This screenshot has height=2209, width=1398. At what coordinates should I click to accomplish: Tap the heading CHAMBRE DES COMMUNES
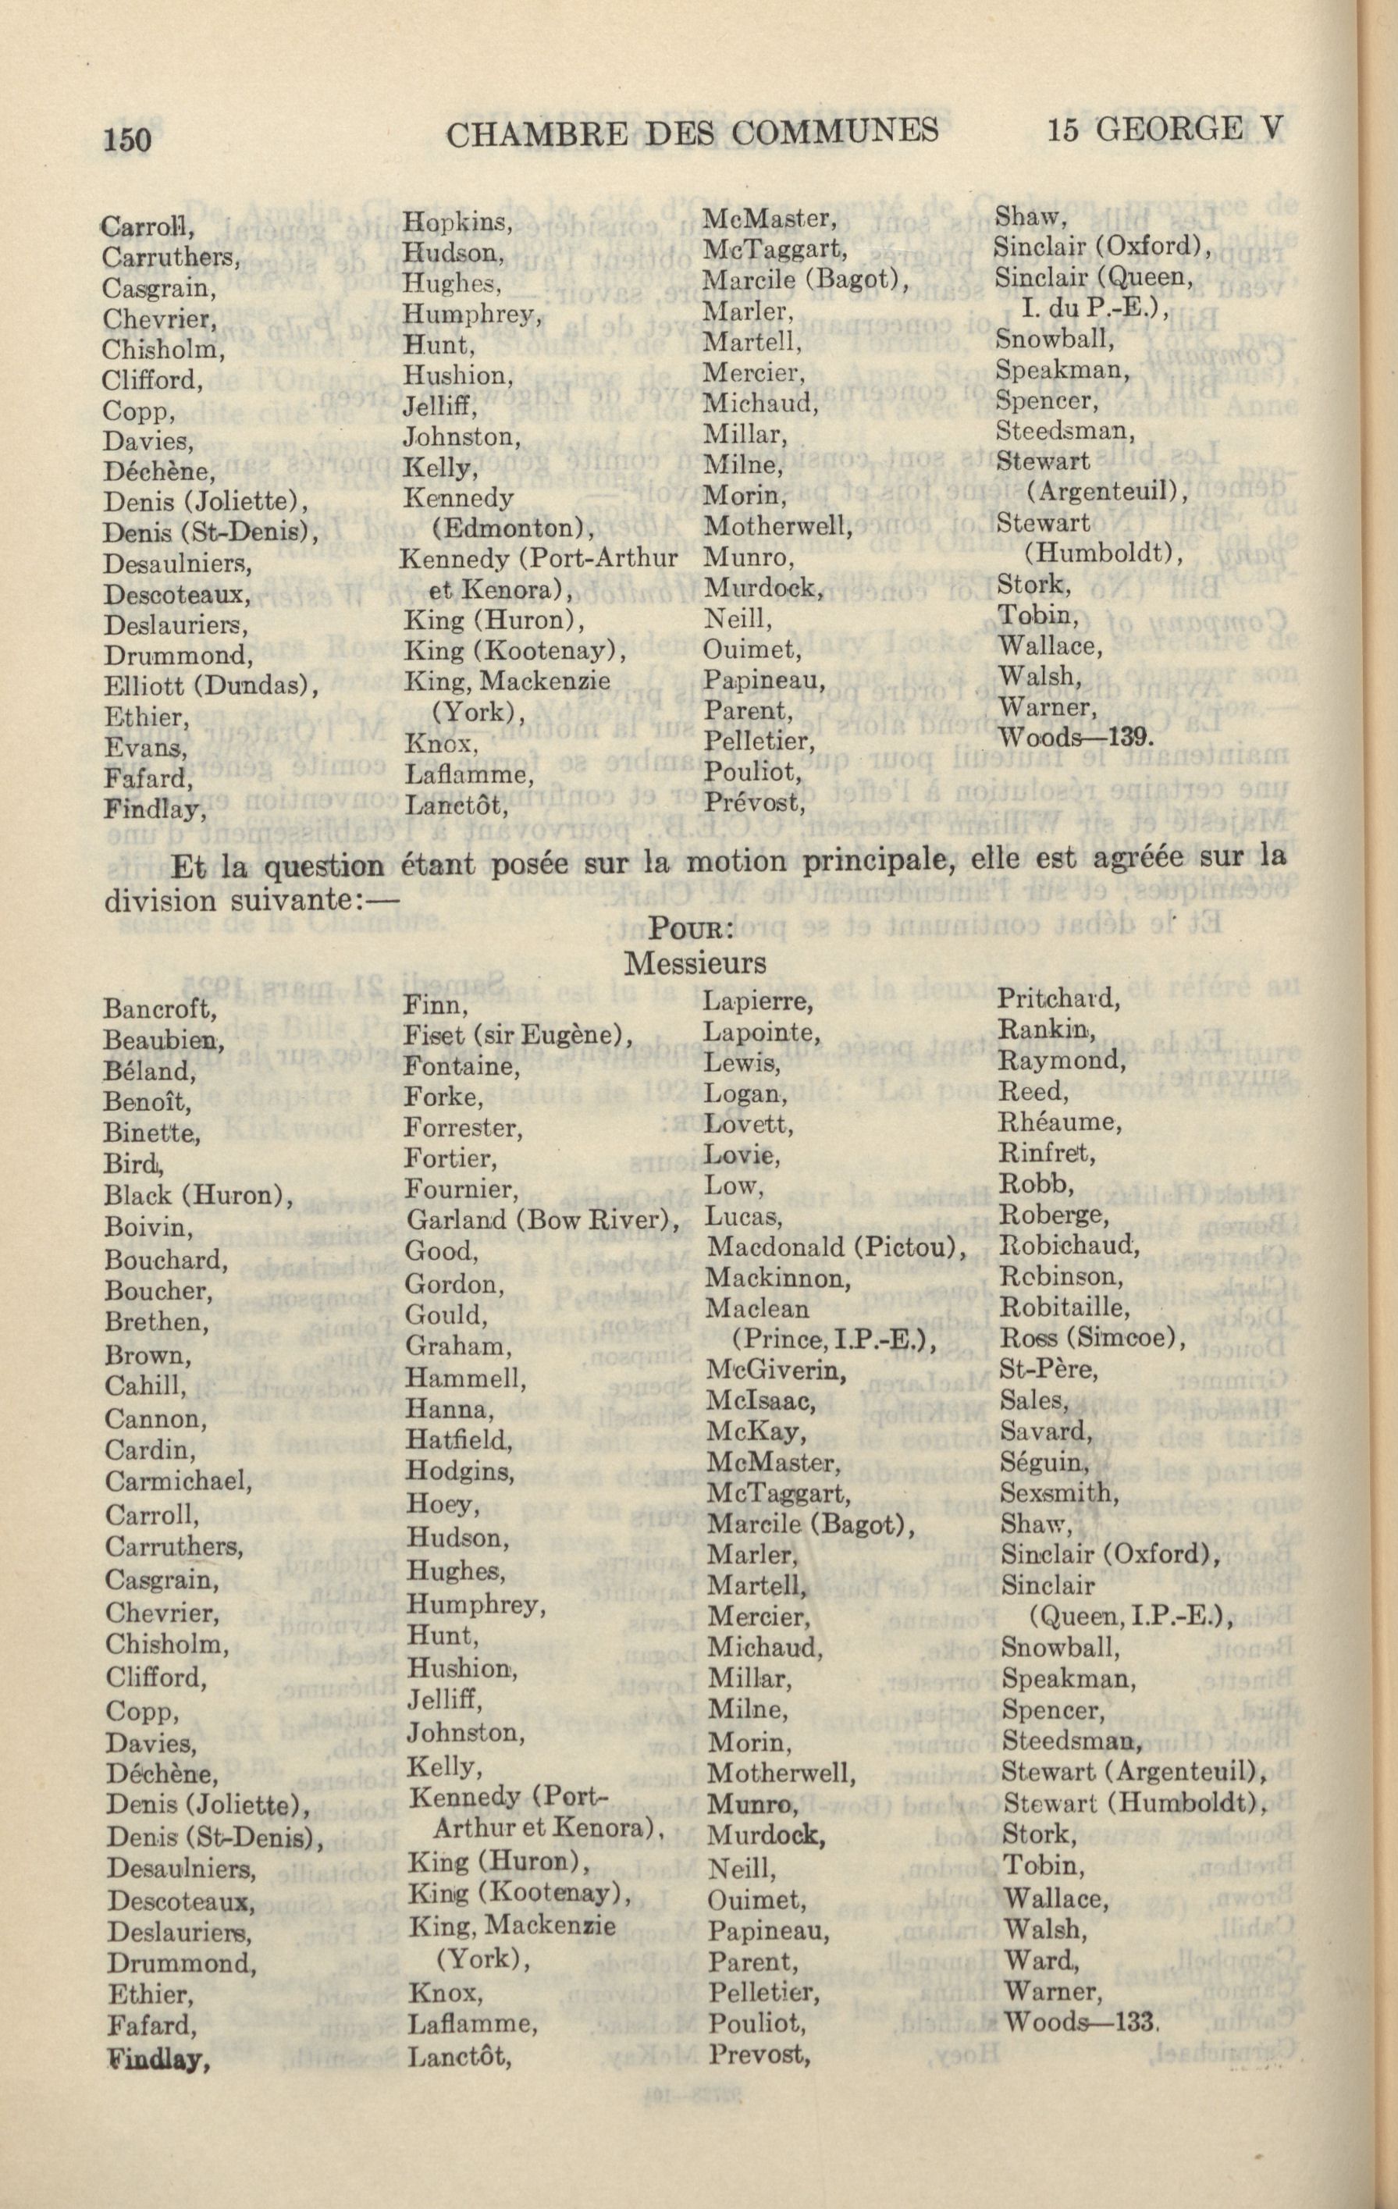[692, 134]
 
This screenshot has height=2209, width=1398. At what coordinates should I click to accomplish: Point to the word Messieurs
[695, 963]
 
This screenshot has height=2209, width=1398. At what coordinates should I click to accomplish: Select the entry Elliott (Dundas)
[211, 685]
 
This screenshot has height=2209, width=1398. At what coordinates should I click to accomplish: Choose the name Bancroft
[159, 1009]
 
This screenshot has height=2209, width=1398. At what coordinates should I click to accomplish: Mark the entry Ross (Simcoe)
[1091, 1339]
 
